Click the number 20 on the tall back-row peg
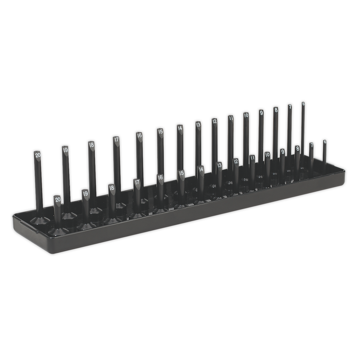point(38,155)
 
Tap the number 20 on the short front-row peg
point(58,199)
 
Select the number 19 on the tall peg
point(64,149)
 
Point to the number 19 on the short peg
point(85,193)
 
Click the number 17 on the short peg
point(137,182)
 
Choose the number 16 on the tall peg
point(139,135)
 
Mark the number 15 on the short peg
point(181,173)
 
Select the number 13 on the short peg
point(219,165)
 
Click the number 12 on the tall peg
point(214,121)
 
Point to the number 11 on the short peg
point(252,158)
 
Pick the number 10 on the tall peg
point(246,115)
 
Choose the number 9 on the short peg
point(282,151)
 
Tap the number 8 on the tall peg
point(276,109)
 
